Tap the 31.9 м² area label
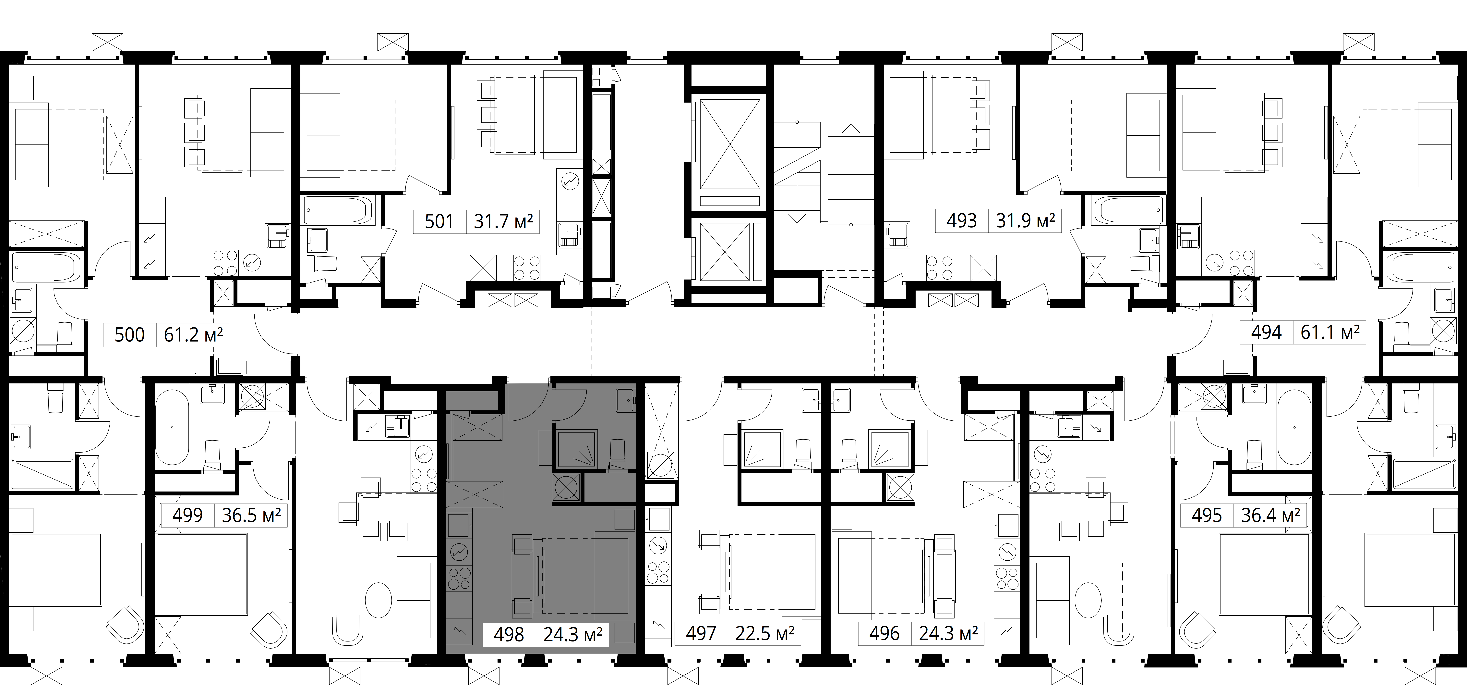click(1025, 220)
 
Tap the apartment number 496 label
click(884, 634)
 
